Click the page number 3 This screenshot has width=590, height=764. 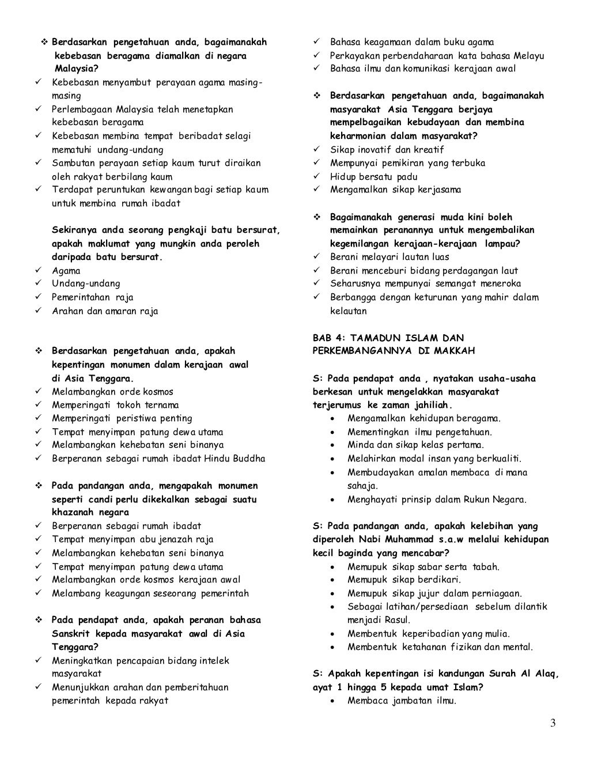(553, 724)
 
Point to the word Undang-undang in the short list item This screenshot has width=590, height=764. (86, 284)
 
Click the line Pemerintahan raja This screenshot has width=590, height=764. (92, 297)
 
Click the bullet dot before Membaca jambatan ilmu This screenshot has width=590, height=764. (334, 701)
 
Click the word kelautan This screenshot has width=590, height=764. (348, 311)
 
